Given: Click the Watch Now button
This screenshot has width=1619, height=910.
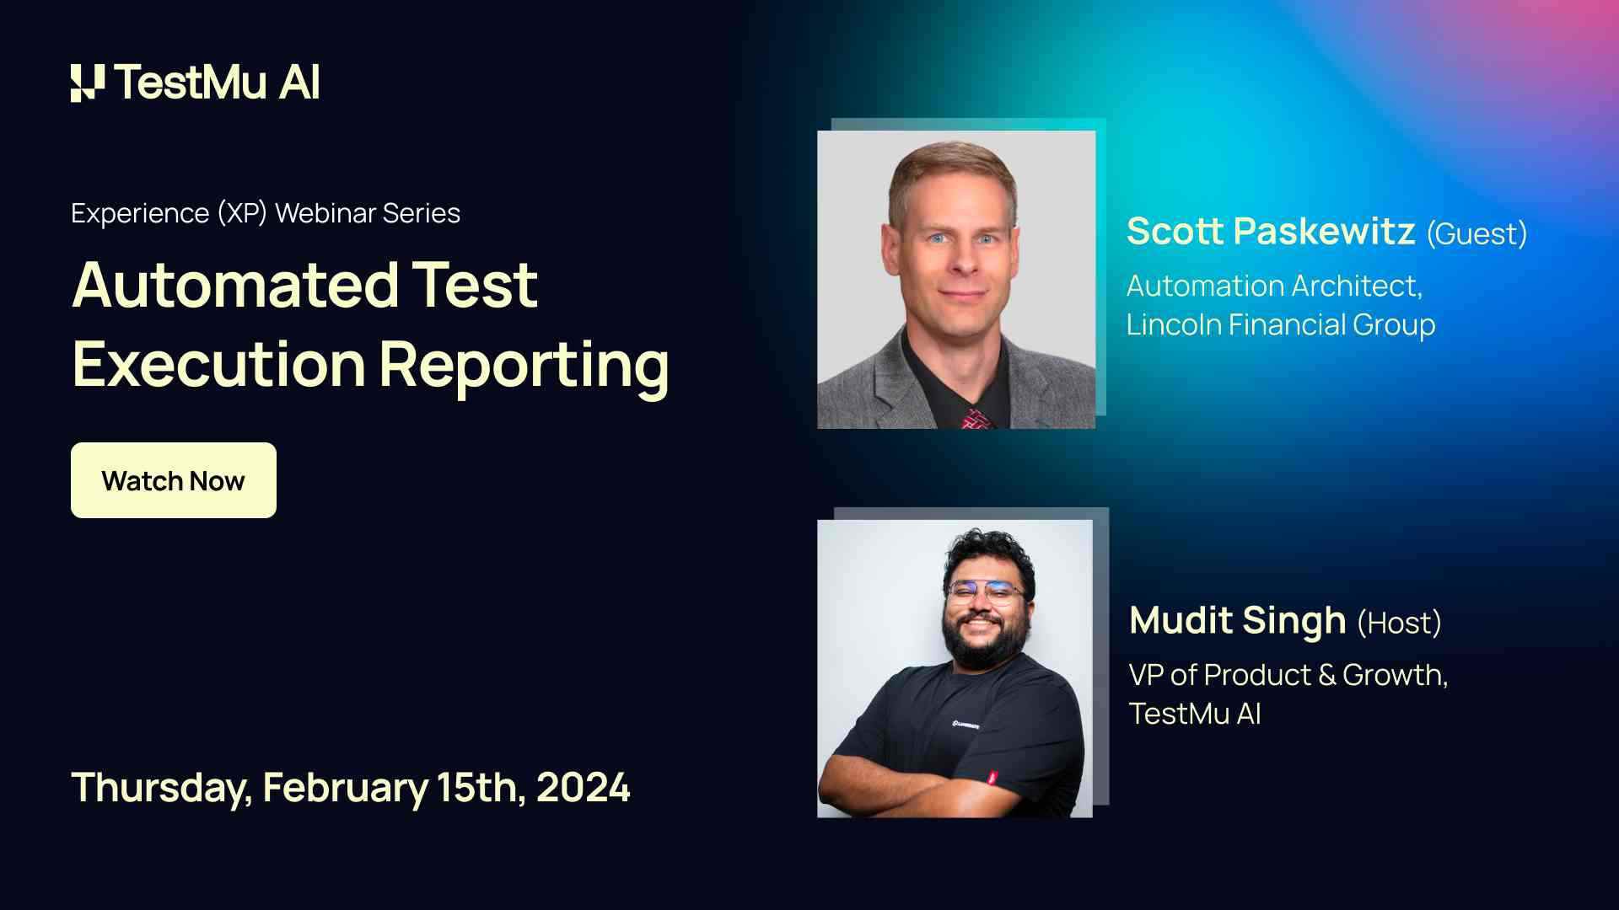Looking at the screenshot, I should pyautogui.click(x=173, y=480).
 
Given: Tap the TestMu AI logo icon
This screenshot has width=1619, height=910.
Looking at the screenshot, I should pyautogui.click(x=88, y=83).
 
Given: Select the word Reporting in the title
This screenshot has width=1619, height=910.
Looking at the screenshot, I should pyautogui.click(x=524, y=365).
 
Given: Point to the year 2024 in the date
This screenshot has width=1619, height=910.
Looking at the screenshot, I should pyautogui.click(x=583, y=788).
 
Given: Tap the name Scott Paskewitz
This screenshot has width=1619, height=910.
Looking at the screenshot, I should pyautogui.click(x=1270, y=232).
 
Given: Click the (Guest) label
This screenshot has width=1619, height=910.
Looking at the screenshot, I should pyautogui.click(x=1476, y=233).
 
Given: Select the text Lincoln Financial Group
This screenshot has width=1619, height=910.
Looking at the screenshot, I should pyautogui.click(x=1280, y=324).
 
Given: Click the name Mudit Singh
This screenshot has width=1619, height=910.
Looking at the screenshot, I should pyautogui.click(x=1237, y=621).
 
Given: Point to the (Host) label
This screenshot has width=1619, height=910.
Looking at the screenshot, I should pyautogui.click(x=1399, y=623).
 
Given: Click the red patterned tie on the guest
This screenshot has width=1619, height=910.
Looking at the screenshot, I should pyautogui.click(x=976, y=419).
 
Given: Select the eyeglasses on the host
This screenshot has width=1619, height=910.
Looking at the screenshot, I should pyautogui.click(x=985, y=591).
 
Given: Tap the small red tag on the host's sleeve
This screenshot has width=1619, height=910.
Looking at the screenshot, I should pyautogui.click(x=992, y=778).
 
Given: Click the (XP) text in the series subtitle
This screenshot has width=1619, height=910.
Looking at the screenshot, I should pyautogui.click(x=242, y=213).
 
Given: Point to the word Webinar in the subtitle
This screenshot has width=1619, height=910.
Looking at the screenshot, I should pyautogui.click(x=325, y=213).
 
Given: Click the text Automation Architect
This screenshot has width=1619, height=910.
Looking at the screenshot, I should pyautogui.click(x=1273, y=286).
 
